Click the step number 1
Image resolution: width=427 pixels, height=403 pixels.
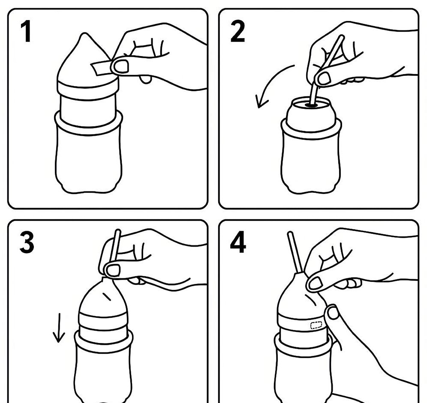point(26,32)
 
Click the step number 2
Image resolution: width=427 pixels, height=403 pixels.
point(238,32)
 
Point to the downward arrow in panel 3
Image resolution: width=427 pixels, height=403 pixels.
point(59,328)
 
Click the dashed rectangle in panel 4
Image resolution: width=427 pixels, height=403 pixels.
point(316,325)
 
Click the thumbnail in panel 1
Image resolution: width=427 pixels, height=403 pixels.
point(120,66)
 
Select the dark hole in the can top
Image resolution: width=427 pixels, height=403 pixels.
point(311,104)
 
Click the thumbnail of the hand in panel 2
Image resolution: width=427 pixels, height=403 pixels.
point(325,78)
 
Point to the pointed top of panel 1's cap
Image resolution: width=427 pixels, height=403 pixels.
point(86,34)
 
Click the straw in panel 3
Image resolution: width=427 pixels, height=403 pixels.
point(115,246)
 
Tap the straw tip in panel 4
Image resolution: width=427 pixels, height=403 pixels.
point(289,233)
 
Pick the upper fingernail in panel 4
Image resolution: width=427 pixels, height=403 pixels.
point(316,283)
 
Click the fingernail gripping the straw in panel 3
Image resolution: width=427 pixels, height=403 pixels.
point(113,270)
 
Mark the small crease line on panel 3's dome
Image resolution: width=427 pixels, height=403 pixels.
point(106,296)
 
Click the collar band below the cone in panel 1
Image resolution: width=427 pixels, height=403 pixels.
point(88,87)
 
